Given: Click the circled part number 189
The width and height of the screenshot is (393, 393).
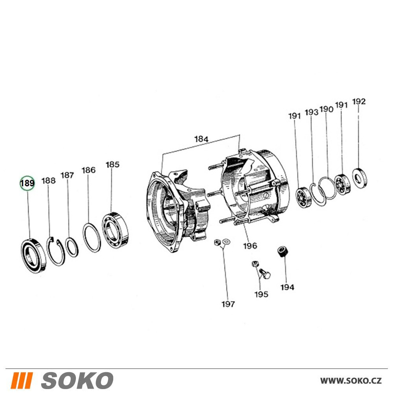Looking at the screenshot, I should [x=28, y=183].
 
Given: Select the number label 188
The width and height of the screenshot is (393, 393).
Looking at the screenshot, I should [x=48, y=181].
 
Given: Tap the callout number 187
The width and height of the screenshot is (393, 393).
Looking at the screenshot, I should [x=67, y=175].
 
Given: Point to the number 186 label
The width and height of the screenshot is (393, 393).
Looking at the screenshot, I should [x=88, y=170].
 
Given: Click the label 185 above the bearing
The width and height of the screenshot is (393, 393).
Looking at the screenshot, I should [x=112, y=165].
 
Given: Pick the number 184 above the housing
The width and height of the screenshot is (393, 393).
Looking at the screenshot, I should [x=201, y=139].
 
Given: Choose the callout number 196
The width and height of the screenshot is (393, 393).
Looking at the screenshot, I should [x=250, y=246].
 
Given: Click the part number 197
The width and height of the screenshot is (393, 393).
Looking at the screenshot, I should [x=228, y=304].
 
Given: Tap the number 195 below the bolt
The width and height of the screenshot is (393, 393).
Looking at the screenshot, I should [x=261, y=294].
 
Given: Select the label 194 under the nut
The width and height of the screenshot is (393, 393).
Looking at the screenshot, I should [x=287, y=287].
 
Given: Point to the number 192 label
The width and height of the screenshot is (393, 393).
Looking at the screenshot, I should [x=359, y=101].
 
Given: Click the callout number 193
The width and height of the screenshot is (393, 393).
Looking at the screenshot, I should [x=311, y=112].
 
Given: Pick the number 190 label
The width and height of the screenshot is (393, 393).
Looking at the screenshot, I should [x=326, y=109].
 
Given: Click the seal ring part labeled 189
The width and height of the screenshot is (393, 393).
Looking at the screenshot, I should [x=33, y=256].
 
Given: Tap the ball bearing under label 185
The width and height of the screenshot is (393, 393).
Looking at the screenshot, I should [x=116, y=230].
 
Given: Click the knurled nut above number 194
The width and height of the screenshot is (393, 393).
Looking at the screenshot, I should [x=283, y=252].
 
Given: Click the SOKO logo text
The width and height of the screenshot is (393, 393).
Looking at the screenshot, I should [x=77, y=380].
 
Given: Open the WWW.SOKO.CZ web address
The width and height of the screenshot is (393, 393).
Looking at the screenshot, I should [x=351, y=380].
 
